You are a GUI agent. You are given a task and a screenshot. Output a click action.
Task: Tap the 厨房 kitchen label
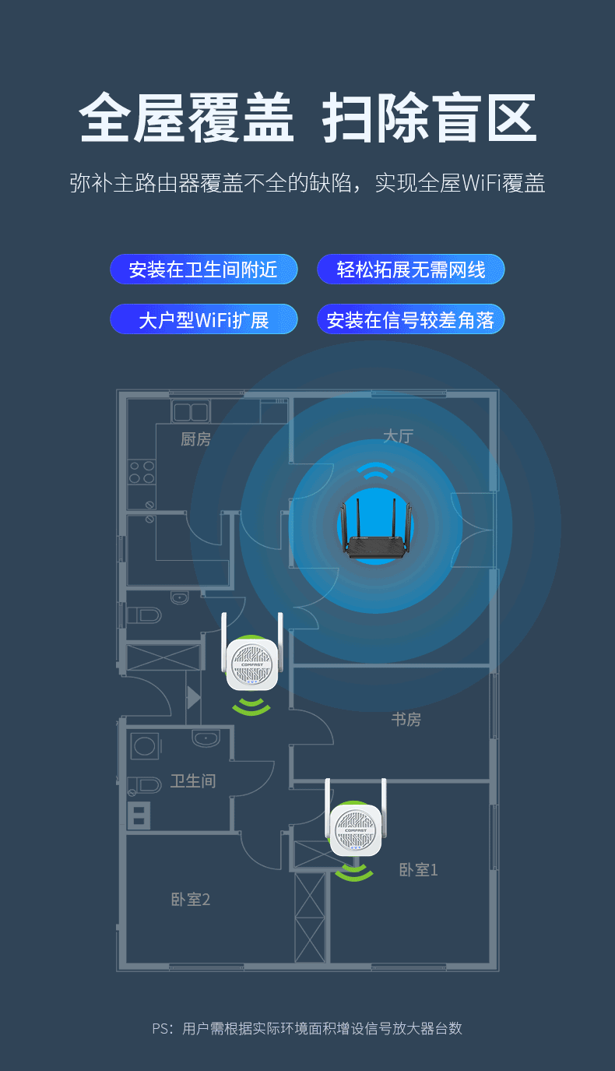click(195, 440)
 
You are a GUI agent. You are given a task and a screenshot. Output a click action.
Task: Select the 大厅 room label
click(398, 436)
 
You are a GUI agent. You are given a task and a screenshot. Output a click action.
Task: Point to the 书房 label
click(406, 720)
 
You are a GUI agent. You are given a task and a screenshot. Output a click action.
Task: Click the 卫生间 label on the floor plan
click(192, 781)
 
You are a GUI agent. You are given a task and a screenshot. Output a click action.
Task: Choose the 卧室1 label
click(418, 870)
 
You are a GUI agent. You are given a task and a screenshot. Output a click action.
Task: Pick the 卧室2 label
click(191, 900)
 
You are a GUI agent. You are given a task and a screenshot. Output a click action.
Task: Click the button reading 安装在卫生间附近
click(203, 270)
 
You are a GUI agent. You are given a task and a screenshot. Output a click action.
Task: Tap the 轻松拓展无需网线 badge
click(411, 270)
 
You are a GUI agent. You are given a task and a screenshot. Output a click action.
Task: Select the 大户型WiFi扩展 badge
click(203, 319)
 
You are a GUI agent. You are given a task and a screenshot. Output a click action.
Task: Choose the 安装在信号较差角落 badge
click(411, 319)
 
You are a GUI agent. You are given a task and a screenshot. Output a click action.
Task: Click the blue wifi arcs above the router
click(376, 471)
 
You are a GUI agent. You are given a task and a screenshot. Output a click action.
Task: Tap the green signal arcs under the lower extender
click(354, 873)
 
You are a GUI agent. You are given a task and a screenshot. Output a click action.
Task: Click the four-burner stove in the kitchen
click(142, 473)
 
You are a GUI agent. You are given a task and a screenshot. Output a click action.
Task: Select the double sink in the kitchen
click(191, 412)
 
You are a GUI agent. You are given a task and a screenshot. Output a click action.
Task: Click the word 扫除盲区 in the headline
click(430, 118)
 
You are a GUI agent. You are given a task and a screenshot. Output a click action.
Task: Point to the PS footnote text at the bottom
click(307, 1029)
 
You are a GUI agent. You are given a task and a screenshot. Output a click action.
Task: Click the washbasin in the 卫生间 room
click(206, 738)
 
